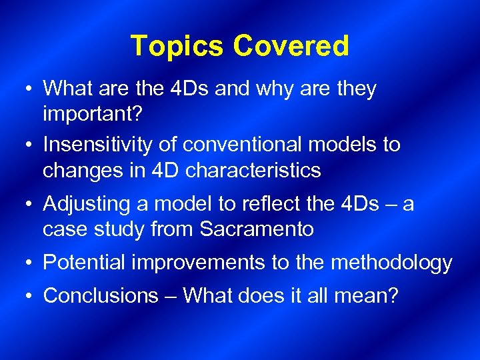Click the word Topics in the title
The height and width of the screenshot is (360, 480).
tap(177, 46)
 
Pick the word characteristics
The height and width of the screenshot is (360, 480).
tap(253, 170)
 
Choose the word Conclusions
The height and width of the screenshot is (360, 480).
tap(101, 295)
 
